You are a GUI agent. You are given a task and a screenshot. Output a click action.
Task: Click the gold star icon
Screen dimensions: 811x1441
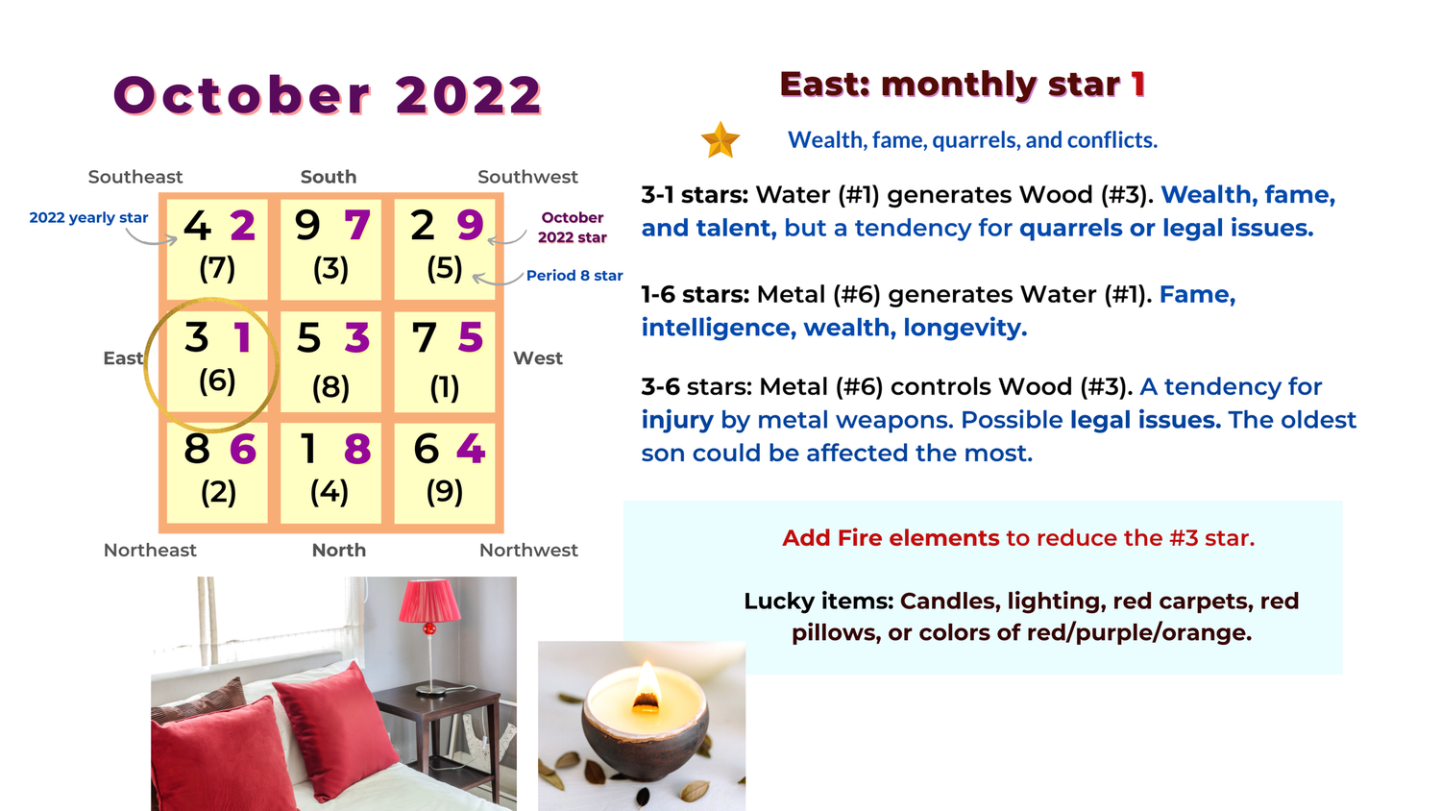click(720, 140)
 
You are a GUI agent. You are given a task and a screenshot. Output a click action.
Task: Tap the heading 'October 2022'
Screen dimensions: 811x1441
click(328, 95)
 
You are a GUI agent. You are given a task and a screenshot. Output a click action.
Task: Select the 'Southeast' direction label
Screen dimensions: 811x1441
click(135, 177)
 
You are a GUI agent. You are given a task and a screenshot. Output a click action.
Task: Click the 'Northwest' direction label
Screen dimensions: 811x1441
click(528, 550)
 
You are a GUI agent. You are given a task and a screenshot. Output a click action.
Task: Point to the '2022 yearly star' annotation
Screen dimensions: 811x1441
click(88, 217)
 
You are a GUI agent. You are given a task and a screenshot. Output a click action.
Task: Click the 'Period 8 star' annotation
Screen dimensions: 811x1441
click(574, 276)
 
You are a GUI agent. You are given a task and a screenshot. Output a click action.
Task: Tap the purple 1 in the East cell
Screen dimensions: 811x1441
click(242, 337)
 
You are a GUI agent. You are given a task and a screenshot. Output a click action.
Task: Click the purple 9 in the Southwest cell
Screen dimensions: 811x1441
click(470, 225)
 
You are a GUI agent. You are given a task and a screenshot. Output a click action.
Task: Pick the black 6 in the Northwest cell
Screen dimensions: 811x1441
click(426, 449)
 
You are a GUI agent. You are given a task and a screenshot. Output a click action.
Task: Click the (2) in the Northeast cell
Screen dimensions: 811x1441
click(218, 492)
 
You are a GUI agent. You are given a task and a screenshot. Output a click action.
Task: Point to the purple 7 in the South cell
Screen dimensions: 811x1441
click(357, 225)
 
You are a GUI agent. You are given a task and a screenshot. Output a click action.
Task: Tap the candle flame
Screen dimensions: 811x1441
click(647, 684)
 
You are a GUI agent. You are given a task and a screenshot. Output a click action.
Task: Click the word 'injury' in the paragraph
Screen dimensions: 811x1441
click(677, 420)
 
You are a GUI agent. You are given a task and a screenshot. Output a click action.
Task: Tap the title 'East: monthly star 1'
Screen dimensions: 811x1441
click(963, 85)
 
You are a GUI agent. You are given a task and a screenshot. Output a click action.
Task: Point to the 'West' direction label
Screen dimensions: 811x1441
click(538, 358)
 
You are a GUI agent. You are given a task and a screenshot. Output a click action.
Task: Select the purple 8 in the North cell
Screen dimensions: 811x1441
click(357, 449)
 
